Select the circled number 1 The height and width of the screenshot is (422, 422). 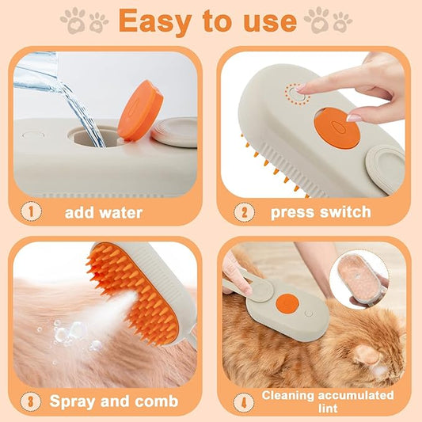(x=30, y=212)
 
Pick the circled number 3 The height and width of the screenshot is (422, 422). (x=29, y=400)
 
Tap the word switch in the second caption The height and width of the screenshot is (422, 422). (x=345, y=212)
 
